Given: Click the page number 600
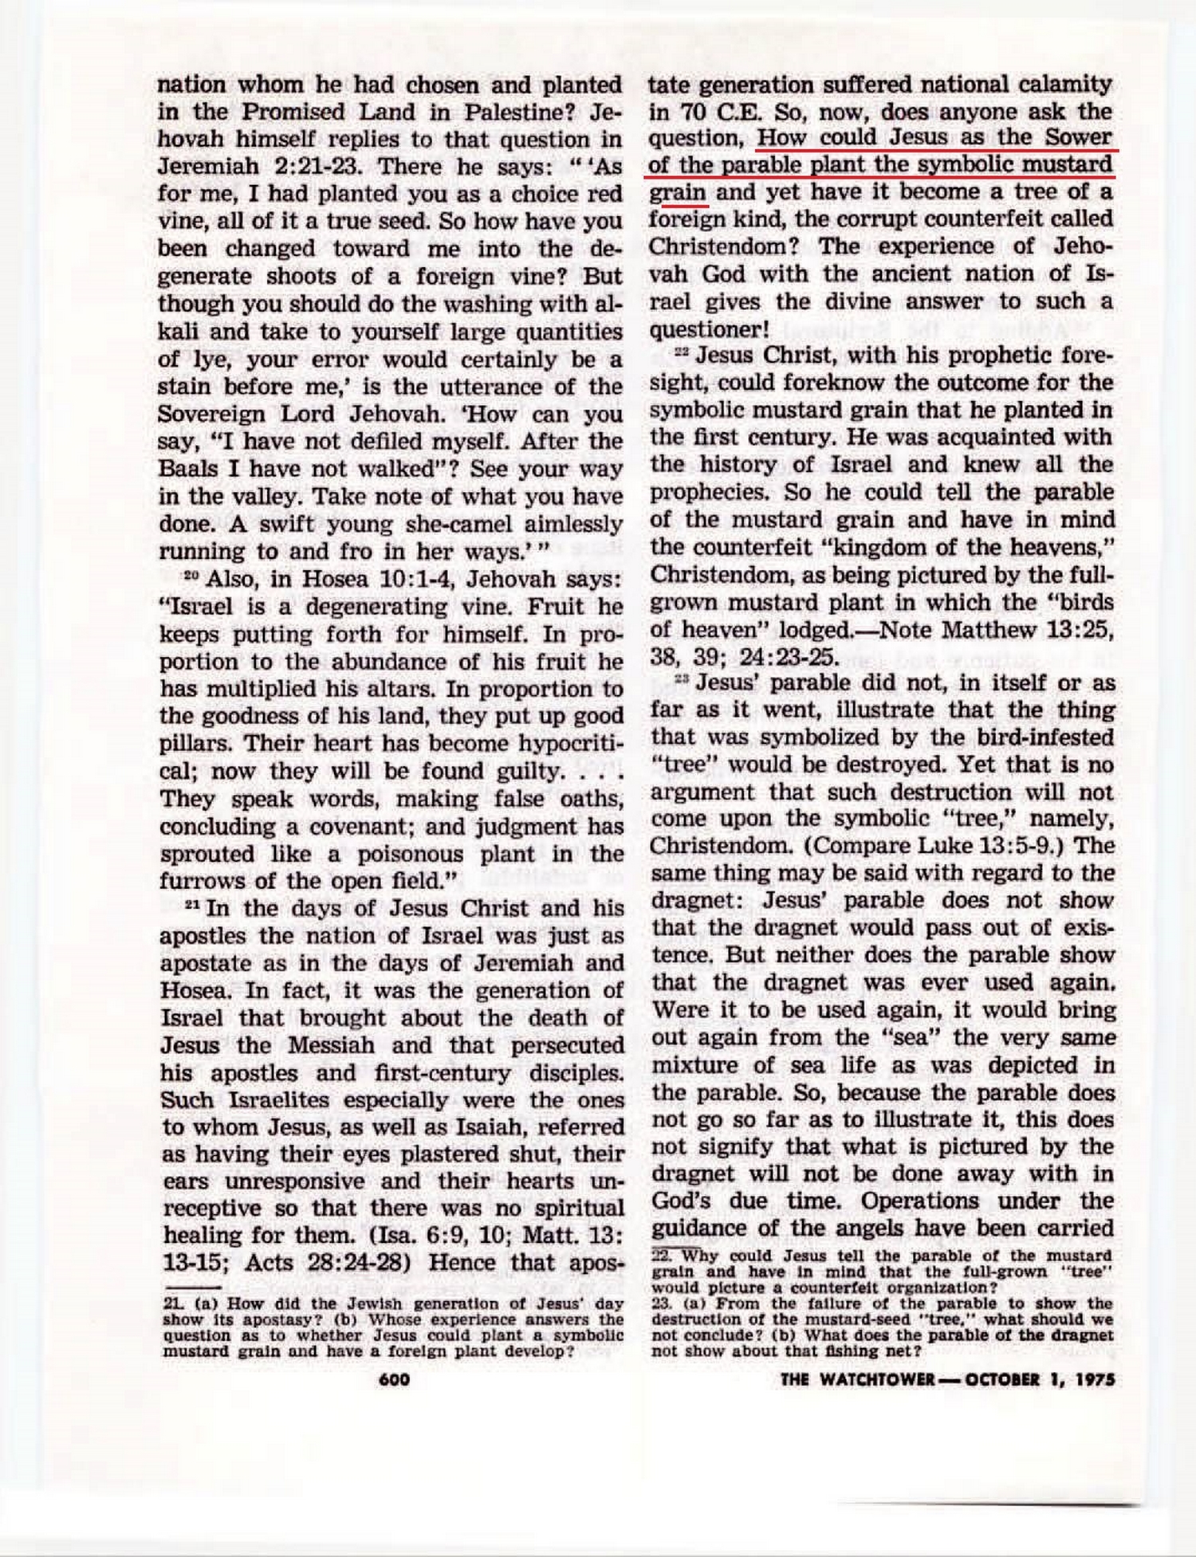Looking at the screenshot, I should tap(395, 1379).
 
